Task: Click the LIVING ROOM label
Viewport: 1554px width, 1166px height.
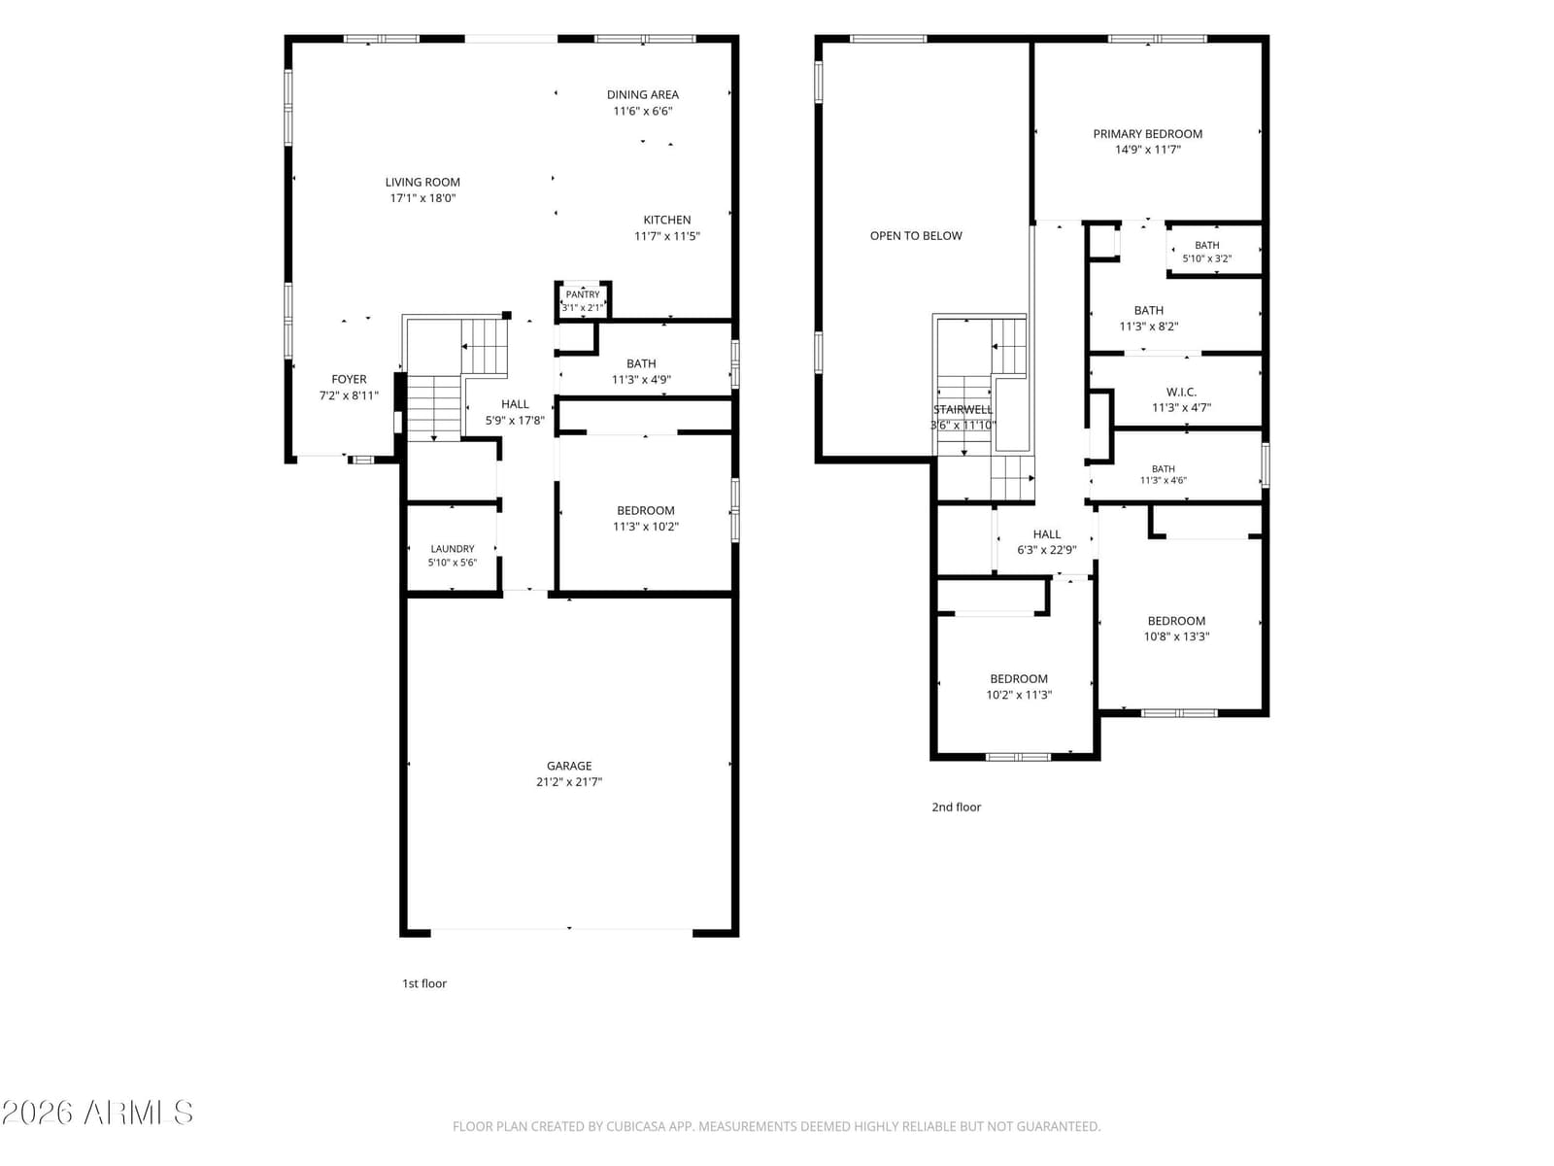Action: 422,182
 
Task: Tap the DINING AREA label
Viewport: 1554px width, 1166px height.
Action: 642,94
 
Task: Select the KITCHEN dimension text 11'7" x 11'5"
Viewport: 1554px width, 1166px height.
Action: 666,236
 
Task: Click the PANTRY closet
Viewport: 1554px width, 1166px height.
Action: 583,300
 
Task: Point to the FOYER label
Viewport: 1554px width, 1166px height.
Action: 349,379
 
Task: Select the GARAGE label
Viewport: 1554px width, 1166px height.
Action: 568,766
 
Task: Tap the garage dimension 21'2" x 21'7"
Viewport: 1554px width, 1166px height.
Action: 568,781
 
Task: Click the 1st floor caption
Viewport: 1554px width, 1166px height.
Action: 424,982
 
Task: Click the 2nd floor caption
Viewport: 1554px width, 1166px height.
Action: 956,806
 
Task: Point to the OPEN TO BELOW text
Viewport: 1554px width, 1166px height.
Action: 916,236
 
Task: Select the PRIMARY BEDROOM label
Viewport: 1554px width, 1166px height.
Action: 1147,134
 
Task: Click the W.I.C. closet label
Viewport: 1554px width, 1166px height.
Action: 1181,392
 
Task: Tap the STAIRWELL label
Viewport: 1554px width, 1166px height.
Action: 963,409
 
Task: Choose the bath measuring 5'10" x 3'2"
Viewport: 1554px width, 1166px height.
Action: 1215,249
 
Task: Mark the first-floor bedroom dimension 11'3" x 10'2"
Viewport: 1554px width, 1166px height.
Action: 645,526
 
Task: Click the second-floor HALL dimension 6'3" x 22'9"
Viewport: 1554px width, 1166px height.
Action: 1046,549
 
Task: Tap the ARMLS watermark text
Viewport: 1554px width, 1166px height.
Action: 97,1113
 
